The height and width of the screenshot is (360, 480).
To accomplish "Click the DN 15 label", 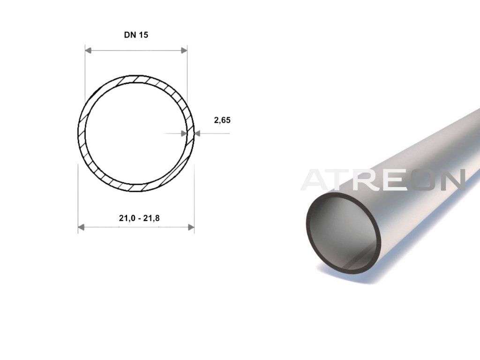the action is pos(136,35).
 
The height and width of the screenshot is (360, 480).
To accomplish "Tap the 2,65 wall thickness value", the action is pos(222,120).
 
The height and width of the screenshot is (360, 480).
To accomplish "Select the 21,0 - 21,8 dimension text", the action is pos(139,218).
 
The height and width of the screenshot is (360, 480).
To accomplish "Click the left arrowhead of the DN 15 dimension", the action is pos(88,51).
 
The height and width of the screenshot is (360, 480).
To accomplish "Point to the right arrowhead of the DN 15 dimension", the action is pos(184,51).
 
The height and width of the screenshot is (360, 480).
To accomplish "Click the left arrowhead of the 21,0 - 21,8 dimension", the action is pos(81,227).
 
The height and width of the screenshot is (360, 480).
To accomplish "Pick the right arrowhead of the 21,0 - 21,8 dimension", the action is pos(191,227).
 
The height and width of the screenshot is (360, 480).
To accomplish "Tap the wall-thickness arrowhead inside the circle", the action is pos(184,134).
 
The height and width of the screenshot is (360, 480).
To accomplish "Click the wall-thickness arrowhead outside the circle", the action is pos(197,134).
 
